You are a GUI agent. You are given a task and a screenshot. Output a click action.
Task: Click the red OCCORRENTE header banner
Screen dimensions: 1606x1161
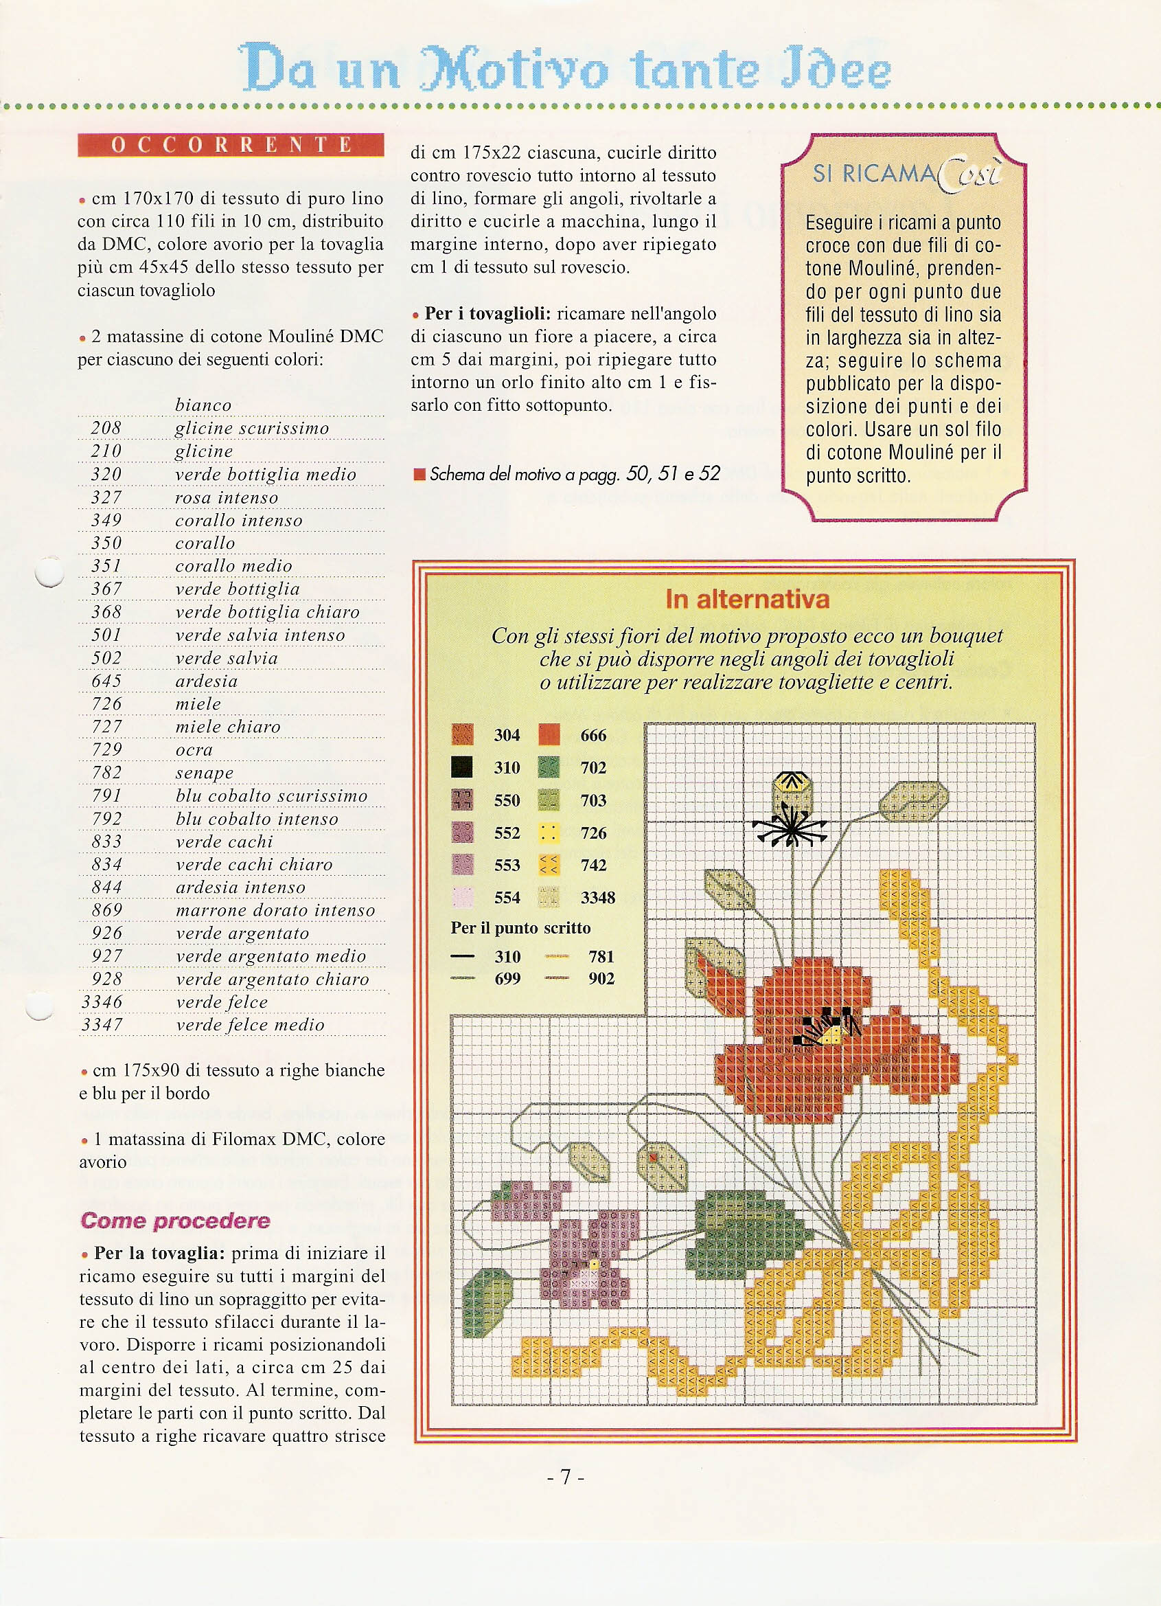tap(231, 144)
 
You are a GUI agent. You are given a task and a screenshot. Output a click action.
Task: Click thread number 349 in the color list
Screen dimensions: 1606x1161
tap(106, 521)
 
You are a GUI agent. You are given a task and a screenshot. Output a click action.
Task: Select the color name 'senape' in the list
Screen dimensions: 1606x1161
tap(205, 773)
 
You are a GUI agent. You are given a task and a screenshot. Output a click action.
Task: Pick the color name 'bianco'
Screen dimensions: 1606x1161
tap(203, 405)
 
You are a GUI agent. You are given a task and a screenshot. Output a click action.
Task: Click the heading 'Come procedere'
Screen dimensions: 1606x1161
tap(176, 1221)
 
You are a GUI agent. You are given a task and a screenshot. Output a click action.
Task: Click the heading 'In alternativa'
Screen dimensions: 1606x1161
tap(747, 599)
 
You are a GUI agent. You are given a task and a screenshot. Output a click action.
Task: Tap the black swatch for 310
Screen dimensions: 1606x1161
tap(461, 767)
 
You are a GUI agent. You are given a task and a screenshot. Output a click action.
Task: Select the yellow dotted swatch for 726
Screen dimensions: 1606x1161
tap(549, 833)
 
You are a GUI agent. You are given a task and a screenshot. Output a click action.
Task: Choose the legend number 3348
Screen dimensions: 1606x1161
tap(597, 898)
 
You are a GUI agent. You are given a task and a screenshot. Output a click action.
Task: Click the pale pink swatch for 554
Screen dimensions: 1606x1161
tap(462, 897)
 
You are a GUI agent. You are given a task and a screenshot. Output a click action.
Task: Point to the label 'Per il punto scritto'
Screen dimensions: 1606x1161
tap(520, 927)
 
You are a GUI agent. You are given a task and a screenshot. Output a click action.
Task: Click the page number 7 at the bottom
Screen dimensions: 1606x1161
tap(566, 1477)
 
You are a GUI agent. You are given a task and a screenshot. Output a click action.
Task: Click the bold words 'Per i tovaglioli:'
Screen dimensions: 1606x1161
tap(487, 313)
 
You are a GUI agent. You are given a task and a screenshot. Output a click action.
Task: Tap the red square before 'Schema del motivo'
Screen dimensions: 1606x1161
tap(419, 474)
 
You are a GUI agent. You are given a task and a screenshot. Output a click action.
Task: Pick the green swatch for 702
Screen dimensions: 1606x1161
tap(549, 767)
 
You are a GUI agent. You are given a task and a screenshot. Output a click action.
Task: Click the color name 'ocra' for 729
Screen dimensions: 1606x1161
tap(194, 749)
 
